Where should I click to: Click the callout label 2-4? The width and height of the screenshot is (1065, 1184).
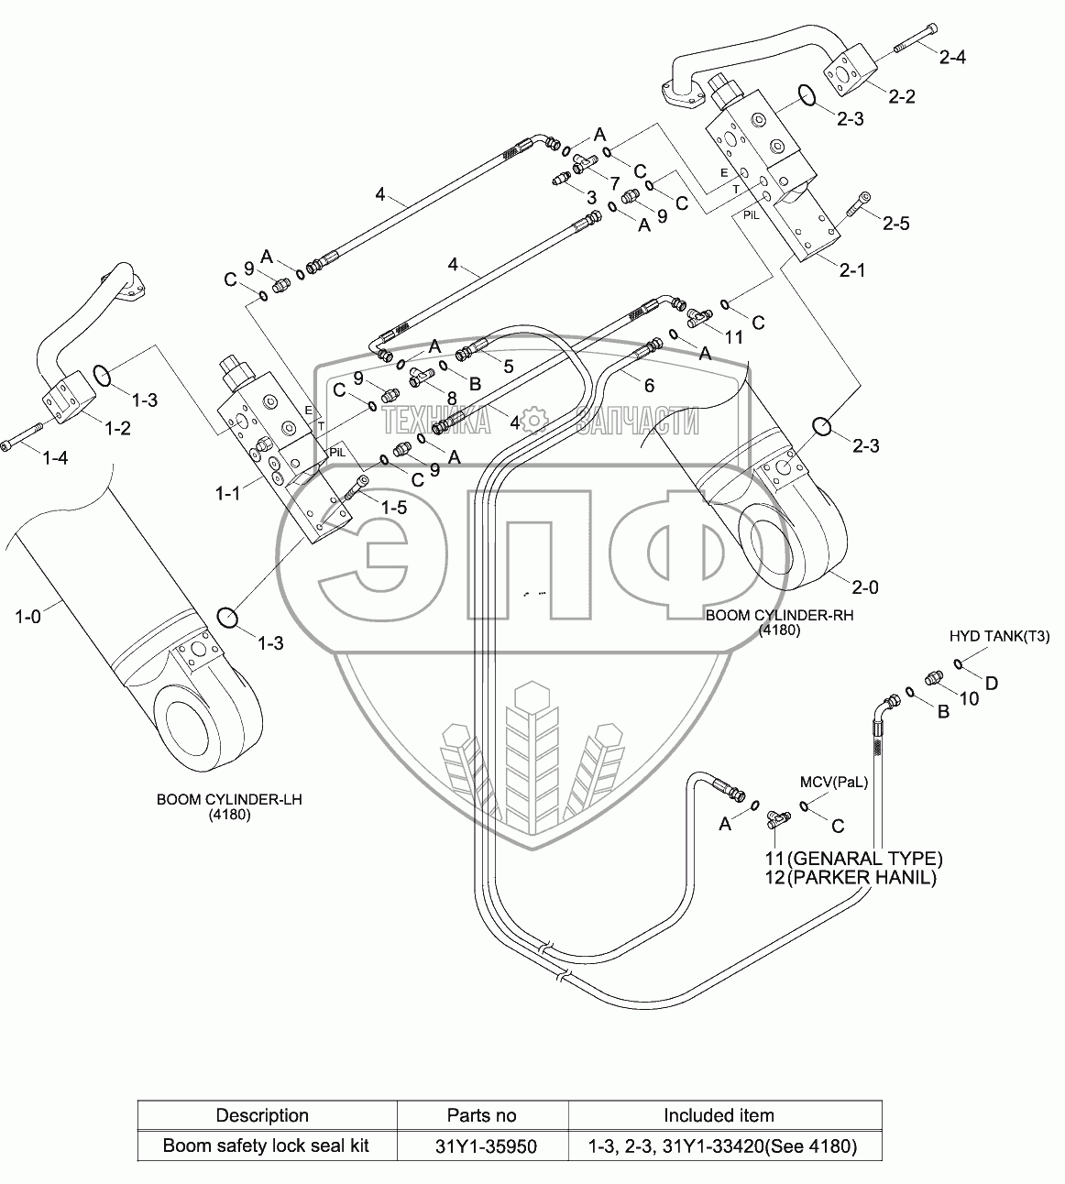point(952,57)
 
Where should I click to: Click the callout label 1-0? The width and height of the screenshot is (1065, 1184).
point(28,618)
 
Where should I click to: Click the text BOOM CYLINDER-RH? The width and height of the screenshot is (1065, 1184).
point(779,616)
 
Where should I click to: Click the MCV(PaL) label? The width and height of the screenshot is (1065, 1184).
point(832,782)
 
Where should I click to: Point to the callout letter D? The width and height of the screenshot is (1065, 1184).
point(991,683)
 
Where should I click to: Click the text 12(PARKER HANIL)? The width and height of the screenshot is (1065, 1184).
point(851,878)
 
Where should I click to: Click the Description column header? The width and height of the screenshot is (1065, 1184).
point(262,1115)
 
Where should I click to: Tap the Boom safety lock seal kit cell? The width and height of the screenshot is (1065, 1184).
point(266,1146)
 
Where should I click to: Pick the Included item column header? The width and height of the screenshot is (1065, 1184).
point(719,1115)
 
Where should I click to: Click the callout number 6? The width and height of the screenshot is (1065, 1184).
point(649,386)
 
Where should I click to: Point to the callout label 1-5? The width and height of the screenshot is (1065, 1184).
point(394,506)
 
